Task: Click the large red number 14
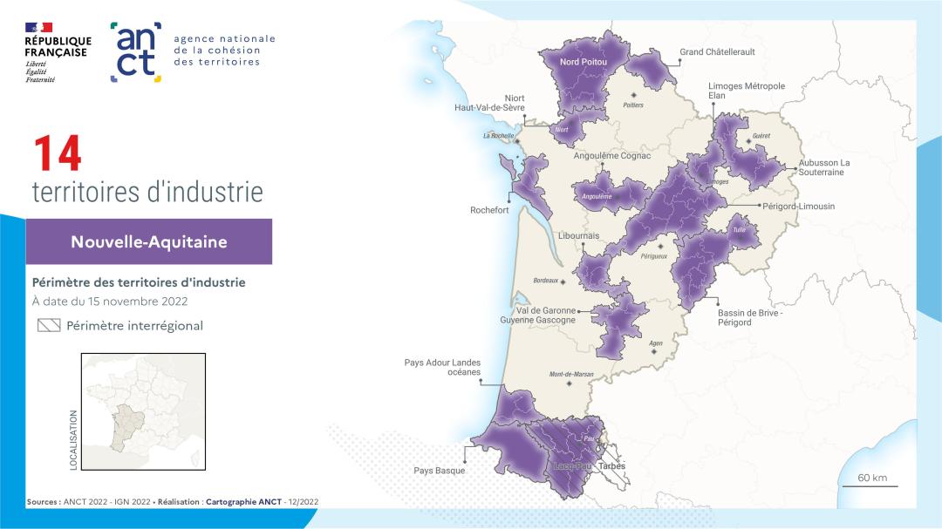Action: click(58, 154)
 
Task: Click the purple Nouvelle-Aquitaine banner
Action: click(149, 241)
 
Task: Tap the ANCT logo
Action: click(136, 52)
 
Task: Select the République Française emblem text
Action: click(58, 47)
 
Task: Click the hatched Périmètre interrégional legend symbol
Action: click(49, 326)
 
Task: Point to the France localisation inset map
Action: click(143, 413)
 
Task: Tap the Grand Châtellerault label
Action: click(717, 52)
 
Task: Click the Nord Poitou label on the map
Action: click(584, 63)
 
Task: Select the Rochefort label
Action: click(489, 210)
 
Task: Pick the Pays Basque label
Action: click(440, 471)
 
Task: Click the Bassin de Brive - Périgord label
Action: click(749, 317)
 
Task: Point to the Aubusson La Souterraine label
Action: click(823, 167)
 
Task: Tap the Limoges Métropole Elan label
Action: click(746, 91)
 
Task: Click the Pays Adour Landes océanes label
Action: click(442, 367)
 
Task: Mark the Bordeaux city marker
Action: click(563, 282)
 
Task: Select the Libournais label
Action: click(578, 236)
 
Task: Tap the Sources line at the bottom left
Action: click(173, 503)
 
